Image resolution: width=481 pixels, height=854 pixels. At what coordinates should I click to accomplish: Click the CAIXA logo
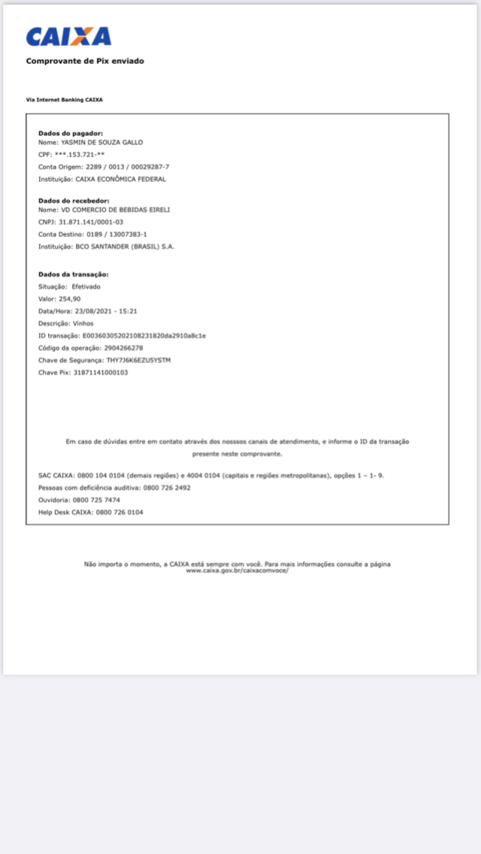(68, 37)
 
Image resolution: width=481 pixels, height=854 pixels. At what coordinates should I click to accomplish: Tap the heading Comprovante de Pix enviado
(85, 61)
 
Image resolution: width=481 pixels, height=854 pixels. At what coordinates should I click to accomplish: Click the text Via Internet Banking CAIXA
(64, 99)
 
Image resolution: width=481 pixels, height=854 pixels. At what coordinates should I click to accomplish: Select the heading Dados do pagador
(71, 133)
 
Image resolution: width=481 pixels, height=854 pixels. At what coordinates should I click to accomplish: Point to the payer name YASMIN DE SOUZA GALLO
(101, 142)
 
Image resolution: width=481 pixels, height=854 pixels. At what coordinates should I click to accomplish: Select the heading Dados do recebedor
(74, 201)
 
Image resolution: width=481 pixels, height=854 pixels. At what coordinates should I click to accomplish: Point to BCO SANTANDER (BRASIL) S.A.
(124, 247)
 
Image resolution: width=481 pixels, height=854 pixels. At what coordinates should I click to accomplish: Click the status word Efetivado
(86, 287)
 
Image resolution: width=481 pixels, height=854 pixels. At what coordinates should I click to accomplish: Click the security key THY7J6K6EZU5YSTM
(138, 360)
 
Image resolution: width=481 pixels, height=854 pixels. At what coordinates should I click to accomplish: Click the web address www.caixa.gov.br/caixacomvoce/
(237, 571)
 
